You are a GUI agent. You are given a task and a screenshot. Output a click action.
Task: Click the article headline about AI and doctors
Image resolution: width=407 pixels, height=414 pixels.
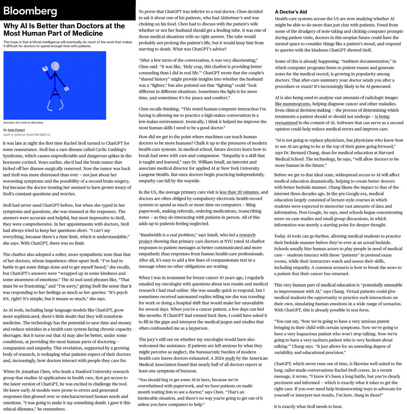64,30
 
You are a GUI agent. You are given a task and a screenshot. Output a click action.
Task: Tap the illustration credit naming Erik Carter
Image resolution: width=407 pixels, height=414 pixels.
23,123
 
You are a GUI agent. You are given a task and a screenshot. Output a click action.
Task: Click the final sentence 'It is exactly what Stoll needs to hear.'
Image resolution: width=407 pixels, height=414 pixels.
308,406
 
